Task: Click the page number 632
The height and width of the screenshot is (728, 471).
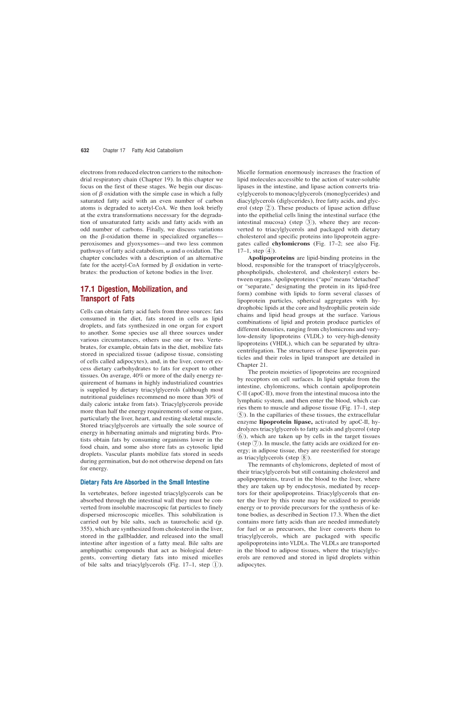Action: (x=85, y=151)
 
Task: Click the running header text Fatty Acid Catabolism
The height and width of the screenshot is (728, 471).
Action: (x=157, y=151)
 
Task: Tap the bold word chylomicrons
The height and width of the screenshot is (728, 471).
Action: (x=291, y=244)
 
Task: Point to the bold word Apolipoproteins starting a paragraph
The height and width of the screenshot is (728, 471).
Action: (x=271, y=258)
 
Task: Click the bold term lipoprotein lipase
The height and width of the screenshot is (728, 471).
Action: (x=286, y=422)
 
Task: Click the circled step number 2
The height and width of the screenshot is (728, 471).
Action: (x=268, y=208)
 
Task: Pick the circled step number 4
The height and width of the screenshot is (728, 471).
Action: (x=269, y=251)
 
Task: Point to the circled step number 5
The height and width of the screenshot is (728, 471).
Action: (x=240, y=415)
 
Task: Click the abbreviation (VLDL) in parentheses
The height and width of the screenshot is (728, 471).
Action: (x=314, y=336)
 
